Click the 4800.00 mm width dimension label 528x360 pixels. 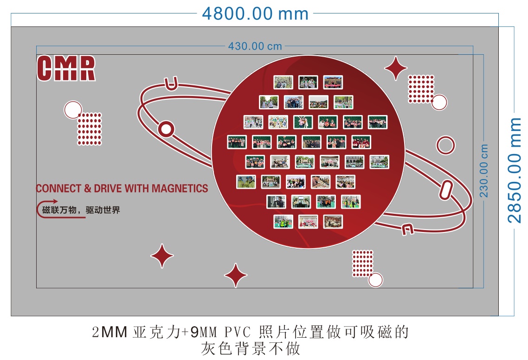pos(255,14)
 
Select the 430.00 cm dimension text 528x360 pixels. pos(255,46)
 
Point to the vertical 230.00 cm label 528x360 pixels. pos(483,171)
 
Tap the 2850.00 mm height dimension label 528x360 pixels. pos(514,170)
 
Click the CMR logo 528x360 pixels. pos(66,68)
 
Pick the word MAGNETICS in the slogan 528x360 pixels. pos(180,188)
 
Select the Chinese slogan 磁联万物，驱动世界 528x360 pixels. pos(81,210)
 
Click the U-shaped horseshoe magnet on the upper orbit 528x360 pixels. pos(171,84)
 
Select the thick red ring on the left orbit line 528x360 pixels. pos(166,129)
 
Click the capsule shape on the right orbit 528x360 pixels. pos(446,190)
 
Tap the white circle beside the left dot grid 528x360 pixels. pos(73,110)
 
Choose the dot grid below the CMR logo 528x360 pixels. pos(90,129)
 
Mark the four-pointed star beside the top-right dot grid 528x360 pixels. pos(396,68)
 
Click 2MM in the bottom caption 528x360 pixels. pos(109,332)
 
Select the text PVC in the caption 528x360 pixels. pos(238,332)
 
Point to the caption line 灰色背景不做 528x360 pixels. pos(251,348)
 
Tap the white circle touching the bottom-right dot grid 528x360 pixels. pos(375,280)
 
